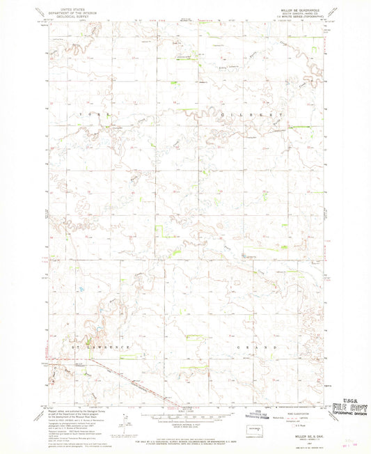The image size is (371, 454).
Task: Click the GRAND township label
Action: click(x=253, y=346)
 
